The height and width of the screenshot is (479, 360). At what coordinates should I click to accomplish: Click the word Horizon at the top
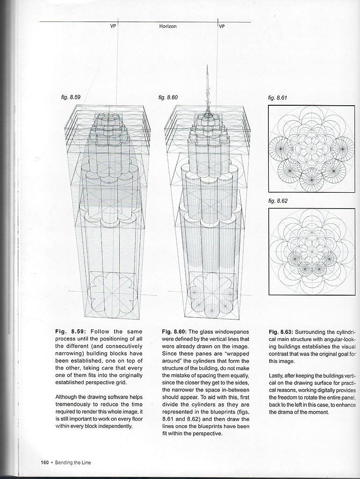[x=168, y=26]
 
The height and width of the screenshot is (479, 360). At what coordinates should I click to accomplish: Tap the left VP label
[x=113, y=26]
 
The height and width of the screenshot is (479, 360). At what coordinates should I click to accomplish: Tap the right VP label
[x=222, y=26]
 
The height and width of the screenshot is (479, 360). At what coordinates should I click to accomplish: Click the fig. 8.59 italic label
[x=71, y=97]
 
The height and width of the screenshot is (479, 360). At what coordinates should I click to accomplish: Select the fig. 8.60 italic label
[x=168, y=97]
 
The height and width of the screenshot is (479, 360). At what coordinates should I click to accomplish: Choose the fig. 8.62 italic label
[x=278, y=201]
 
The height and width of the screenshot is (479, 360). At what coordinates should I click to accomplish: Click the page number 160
[x=45, y=462]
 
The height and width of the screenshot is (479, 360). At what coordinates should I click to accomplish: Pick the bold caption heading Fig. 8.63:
[x=281, y=332]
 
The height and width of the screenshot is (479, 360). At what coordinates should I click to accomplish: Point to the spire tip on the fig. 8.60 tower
[x=208, y=65]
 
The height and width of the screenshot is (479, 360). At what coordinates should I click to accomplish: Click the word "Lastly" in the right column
[x=276, y=376]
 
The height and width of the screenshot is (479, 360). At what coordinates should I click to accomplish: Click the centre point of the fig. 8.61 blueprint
[x=312, y=148]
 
